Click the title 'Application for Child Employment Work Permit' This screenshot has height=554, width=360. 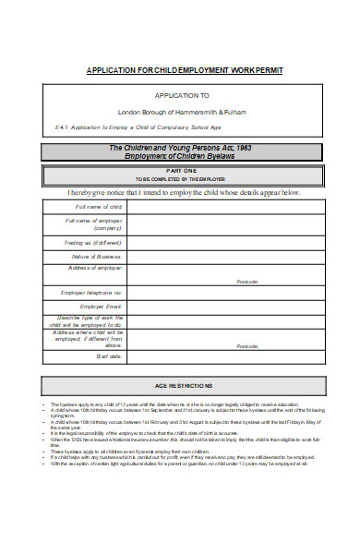pyautogui.click(x=185, y=70)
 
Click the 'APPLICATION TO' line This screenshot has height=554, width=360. pyautogui.click(x=182, y=95)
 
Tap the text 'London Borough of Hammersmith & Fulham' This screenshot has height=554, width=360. pyautogui.click(x=182, y=112)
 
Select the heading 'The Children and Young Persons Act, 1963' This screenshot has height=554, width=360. pyautogui.click(x=181, y=148)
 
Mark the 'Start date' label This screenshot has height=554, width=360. pyautogui.click(x=110, y=355)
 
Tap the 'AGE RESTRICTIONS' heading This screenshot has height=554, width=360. pyautogui.click(x=182, y=385)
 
